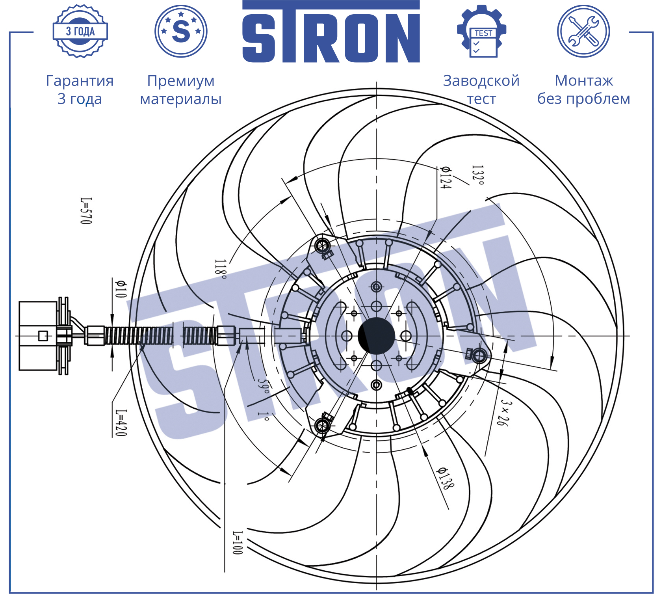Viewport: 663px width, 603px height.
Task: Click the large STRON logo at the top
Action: [331, 32]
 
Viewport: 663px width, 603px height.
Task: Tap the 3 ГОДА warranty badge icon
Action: [80, 31]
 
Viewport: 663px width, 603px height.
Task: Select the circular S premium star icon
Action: [181, 31]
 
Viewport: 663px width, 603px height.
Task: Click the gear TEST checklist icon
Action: [481, 31]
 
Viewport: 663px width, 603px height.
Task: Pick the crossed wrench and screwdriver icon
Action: [583, 31]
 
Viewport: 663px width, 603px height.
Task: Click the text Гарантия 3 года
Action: [80, 89]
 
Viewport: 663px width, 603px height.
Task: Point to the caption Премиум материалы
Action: [181, 89]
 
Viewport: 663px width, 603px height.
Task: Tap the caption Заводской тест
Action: [481, 89]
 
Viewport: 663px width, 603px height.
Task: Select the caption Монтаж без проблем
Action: [584, 89]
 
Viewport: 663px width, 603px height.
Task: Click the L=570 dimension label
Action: [86, 211]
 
